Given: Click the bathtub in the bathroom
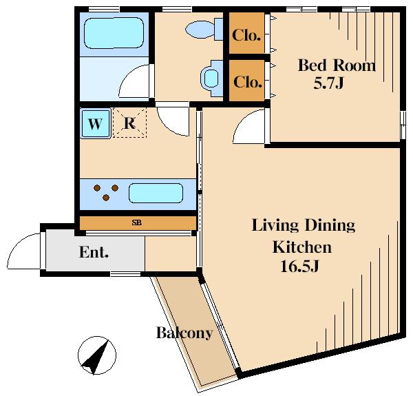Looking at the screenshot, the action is [114, 33].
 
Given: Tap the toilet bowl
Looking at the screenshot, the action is [200, 29].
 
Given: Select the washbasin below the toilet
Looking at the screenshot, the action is [211, 79].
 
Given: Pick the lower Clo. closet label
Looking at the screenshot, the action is [247, 82].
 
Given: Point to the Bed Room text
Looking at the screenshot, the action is [337, 65].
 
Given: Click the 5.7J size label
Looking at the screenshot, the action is [328, 83].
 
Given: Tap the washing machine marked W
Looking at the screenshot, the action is [96, 123].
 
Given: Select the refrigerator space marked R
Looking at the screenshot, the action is [129, 123].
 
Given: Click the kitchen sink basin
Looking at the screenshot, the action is [156, 193].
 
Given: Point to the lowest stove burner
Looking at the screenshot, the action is [106, 198].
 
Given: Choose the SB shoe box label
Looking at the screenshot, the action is [137, 222].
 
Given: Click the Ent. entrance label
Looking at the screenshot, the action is [94, 252].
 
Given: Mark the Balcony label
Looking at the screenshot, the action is [184, 333].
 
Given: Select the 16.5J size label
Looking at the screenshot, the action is [299, 266].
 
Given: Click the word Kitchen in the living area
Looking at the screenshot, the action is [302, 247].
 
